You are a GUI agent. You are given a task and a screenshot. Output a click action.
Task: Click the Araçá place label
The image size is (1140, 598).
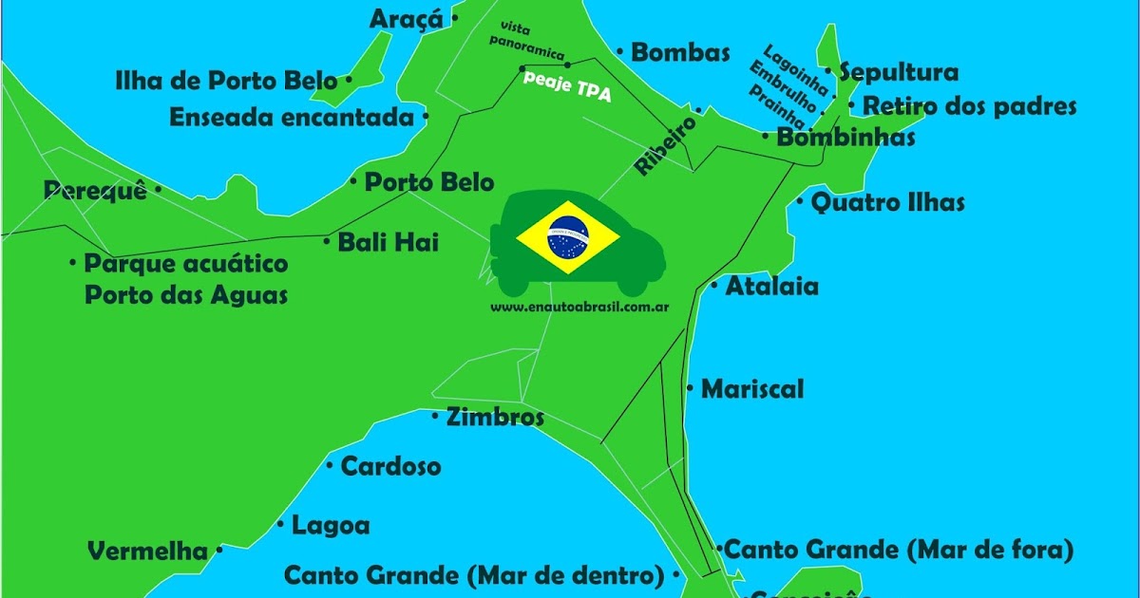pos(406,18)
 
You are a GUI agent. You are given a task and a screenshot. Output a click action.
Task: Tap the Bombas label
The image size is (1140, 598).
pos(680,52)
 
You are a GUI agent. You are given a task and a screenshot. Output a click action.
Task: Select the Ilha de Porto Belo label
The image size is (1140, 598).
pos(225,81)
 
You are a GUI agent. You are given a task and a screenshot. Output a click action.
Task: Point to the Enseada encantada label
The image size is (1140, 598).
pos(292,118)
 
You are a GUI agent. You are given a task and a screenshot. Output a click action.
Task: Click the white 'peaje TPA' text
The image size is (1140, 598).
pos(567,86)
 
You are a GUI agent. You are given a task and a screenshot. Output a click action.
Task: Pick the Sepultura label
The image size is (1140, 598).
pos(899,72)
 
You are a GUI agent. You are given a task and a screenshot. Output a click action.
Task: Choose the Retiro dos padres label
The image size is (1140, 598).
pos(969,105)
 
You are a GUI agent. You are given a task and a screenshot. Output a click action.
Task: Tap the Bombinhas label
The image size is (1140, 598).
pos(845,138)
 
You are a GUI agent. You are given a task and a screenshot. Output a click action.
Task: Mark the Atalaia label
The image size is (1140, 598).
pos(771,286)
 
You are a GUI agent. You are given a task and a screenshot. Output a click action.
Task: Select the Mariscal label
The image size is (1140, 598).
pos(752,389)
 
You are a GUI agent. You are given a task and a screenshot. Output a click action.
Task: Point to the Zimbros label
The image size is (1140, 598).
pos(495,418)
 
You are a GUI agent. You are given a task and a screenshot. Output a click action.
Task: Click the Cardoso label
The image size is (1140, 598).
pos(390,467)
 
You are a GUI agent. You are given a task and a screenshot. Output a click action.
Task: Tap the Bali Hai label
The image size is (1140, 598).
pos(388,242)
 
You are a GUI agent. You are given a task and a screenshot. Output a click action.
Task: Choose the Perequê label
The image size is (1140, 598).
pos(95,191)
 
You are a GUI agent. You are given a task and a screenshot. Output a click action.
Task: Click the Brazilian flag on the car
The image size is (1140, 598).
pos(568,237)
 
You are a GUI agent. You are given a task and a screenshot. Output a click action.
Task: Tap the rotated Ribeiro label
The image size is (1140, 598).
pos(666,145)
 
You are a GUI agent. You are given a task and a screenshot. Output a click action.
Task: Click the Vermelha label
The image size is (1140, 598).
pos(147,551)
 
